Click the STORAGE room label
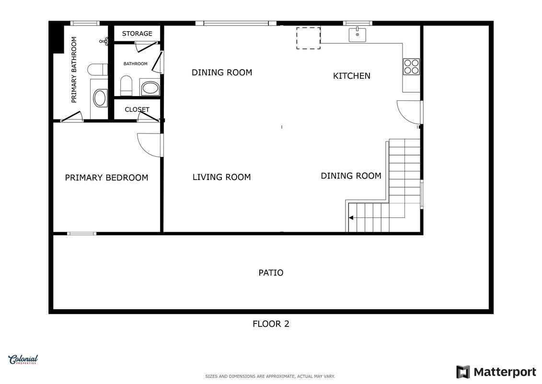coord(137,34)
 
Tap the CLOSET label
coord(137,109)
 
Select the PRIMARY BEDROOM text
coord(106,178)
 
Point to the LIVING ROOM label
coord(221,177)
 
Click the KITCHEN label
coord(352,76)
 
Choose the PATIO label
coord(271,273)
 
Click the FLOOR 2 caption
coord(271,324)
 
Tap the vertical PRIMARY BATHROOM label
coord(74,70)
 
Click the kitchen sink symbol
coord(357,35)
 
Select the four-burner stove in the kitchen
coord(411,67)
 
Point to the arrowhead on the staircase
coord(351,218)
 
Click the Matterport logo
coord(496,372)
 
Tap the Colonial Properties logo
coord(23,360)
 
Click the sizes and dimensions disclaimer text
coord(270,376)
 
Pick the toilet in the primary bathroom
coord(97,69)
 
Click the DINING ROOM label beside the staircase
coord(351,176)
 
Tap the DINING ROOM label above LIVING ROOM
coord(222,72)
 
